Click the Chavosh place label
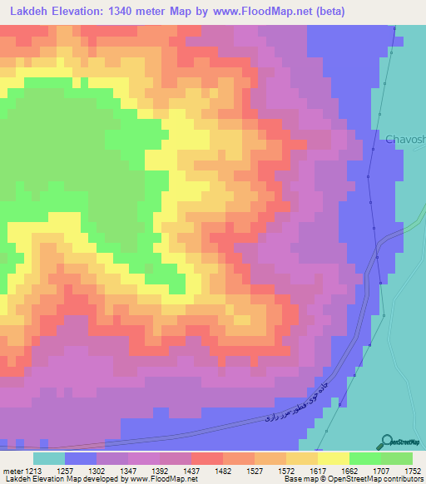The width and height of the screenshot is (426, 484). pyautogui.click(x=405, y=140)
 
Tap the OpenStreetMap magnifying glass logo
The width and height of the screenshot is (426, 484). pyautogui.click(x=386, y=441)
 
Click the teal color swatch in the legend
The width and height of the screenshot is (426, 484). pyautogui.click(x=49, y=458)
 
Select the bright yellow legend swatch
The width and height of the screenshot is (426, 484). pyautogui.click(x=333, y=458)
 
